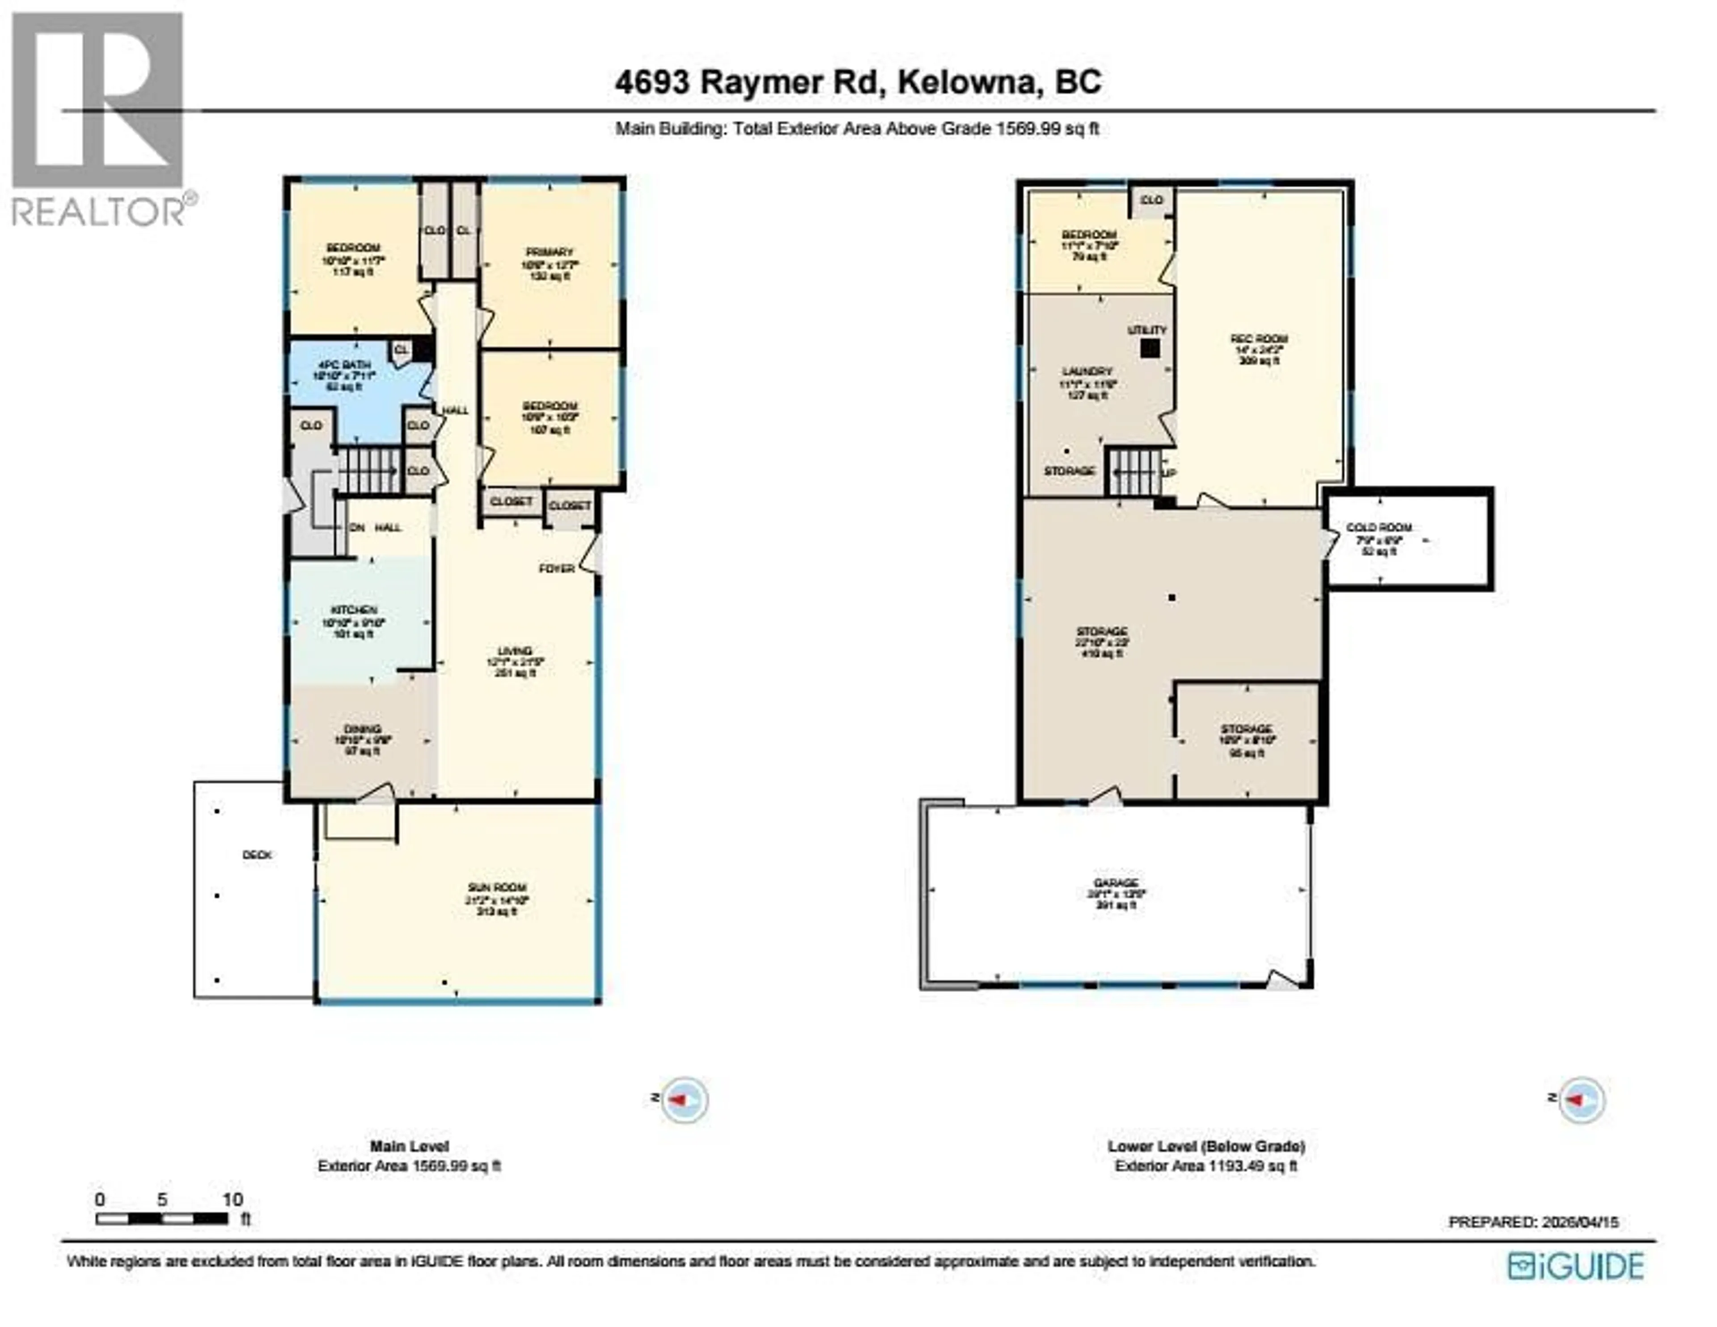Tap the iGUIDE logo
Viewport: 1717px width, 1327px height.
point(1576,1266)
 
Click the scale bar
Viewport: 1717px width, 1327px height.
point(162,1218)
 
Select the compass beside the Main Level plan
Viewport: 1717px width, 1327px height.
point(684,1099)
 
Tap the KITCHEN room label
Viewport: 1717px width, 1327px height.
point(354,610)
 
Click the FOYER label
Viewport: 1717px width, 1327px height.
point(557,568)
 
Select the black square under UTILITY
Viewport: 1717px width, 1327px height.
point(1150,348)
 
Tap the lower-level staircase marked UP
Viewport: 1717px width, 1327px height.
point(1134,472)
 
